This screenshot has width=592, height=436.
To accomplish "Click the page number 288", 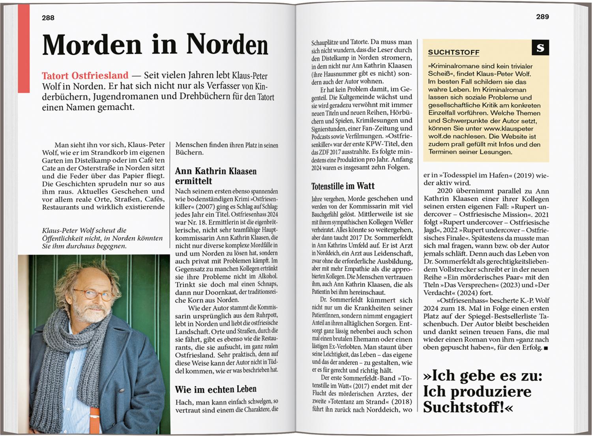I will coord(48,18).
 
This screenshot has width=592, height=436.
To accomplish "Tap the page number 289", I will coord(542,17).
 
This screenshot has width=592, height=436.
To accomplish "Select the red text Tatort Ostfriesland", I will coord(85,75).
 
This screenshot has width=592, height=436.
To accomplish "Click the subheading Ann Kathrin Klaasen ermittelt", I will coord(215,176).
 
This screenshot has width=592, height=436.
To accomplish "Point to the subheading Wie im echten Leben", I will coord(215,389).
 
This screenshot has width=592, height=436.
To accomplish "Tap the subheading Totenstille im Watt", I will coord(343,186).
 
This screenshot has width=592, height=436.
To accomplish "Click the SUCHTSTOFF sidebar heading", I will coord(448,52).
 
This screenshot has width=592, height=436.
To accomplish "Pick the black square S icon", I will coord(540,48).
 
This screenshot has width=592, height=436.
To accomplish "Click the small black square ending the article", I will coord(546,348).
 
